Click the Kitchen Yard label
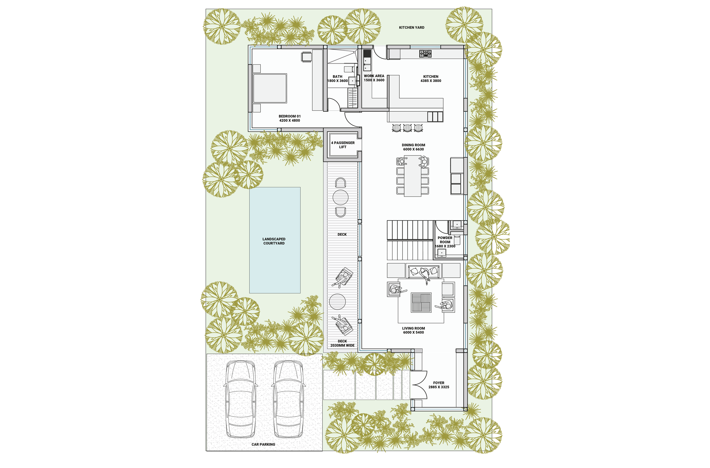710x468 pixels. (x=411, y=28)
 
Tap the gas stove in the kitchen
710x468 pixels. (x=425, y=54)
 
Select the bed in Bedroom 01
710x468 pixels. (x=270, y=88)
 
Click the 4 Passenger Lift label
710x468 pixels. (x=343, y=145)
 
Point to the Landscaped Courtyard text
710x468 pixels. (x=274, y=241)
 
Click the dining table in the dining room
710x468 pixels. (x=412, y=176)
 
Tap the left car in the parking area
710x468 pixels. (x=240, y=399)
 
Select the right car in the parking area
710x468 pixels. (x=289, y=399)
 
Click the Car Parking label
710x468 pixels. (x=263, y=444)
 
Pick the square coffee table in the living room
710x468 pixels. (x=421, y=303)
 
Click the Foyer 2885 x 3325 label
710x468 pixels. (x=439, y=385)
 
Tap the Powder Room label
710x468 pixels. (x=445, y=240)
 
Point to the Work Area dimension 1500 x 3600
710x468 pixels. (x=374, y=80)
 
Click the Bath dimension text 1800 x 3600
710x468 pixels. (x=337, y=81)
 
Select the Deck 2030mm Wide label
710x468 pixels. (x=342, y=343)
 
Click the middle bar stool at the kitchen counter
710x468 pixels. (x=407, y=128)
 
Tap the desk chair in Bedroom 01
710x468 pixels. (x=306, y=57)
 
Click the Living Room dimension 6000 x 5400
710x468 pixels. (x=413, y=333)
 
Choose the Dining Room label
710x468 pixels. (x=413, y=145)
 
